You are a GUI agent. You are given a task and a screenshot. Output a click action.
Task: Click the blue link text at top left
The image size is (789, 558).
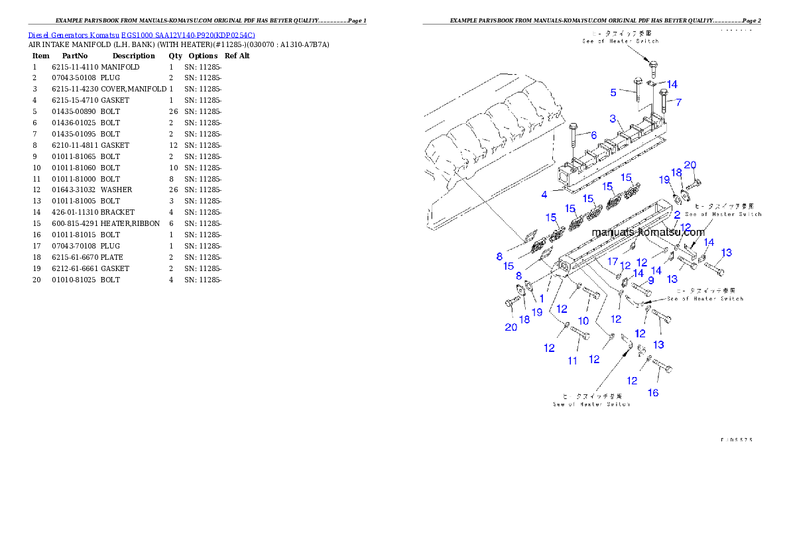tap(141, 34)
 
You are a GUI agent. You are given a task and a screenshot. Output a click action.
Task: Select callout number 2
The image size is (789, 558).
tap(677, 215)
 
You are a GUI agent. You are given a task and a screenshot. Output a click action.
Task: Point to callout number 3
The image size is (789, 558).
tap(614, 119)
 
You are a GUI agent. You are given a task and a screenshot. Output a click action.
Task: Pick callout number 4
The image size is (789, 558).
tap(544, 194)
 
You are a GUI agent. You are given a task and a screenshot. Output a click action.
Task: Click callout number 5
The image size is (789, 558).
tap(614, 92)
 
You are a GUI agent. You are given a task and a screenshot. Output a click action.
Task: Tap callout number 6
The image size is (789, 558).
tap(594, 135)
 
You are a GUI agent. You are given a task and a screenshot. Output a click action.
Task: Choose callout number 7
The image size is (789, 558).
tap(678, 102)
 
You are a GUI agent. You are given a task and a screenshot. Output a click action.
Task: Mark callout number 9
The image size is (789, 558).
tap(650, 280)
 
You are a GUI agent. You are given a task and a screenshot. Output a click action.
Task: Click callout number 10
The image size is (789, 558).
tap(583, 321)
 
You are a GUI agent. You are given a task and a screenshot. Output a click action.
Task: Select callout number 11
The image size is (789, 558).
tap(572, 361)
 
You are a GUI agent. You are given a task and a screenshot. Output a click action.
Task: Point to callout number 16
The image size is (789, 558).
tap(653, 393)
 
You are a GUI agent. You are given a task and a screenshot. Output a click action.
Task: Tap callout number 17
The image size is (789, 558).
tap(613, 261)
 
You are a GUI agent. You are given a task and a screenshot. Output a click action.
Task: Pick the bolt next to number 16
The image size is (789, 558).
tap(662, 366)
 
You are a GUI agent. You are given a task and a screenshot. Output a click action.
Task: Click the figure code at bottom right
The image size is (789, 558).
tap(737, 439)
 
